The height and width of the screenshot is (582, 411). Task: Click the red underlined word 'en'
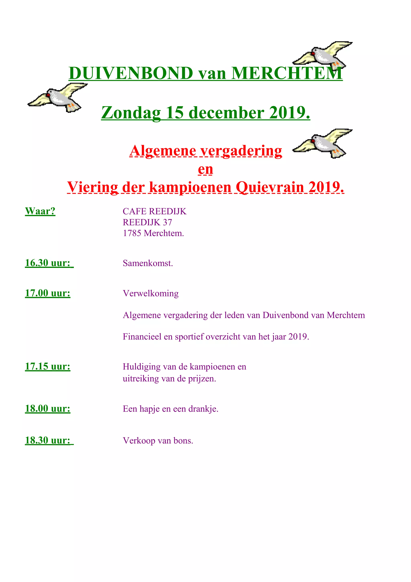205,169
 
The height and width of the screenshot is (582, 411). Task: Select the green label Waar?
40,211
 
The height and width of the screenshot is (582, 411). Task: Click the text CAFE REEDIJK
155,211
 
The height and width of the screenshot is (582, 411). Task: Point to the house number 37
167,222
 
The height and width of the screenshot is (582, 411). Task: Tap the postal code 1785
132,233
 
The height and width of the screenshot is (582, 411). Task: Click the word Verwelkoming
151,293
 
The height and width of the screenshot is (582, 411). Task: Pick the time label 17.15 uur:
48,366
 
